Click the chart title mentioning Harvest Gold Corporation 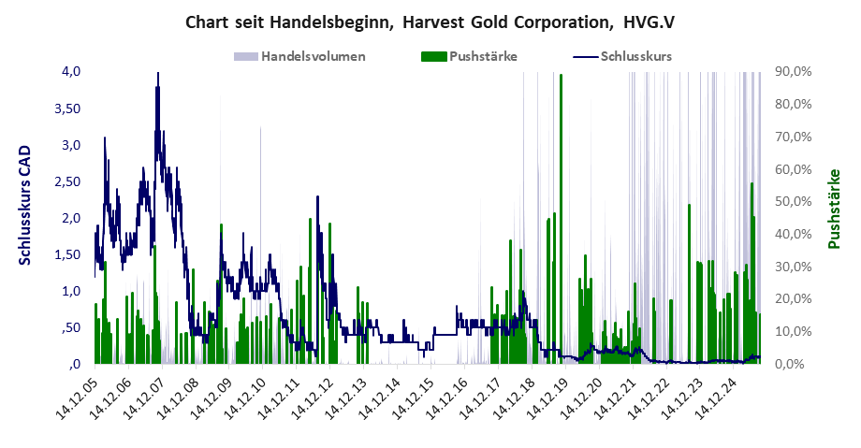(x=430, y=22)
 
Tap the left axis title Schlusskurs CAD (x=25, y=204)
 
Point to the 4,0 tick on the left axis (x=72, y=71)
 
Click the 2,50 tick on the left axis (x=68, y=181)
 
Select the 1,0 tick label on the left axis (x=72, y=291)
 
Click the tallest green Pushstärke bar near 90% (x=561, y=79)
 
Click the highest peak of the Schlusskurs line (x=158, y=74)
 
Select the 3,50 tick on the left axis (x=68, y=108)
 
